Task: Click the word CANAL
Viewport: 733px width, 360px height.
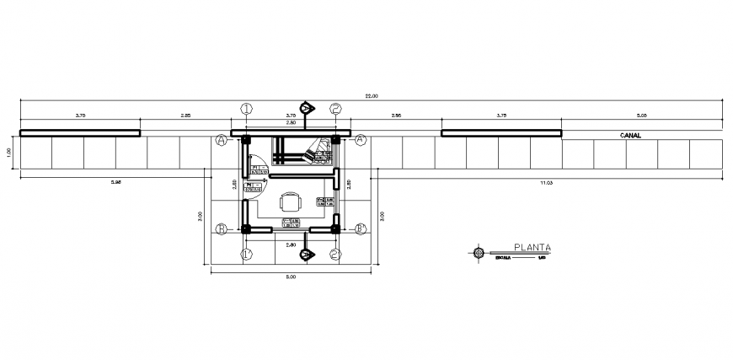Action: (631, 135)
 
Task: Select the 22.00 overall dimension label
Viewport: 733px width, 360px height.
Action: (371, 96)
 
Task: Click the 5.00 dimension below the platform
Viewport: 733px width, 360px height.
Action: (291, 277)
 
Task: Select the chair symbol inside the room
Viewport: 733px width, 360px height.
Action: (291, 203)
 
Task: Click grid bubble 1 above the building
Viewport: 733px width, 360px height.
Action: (246, 108)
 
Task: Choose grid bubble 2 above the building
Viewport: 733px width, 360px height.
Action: (335, 108)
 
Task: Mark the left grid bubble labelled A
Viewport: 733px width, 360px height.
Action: (222, 138)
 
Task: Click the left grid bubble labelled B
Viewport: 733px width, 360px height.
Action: (222, 228)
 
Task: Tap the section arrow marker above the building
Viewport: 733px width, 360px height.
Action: (308, 107)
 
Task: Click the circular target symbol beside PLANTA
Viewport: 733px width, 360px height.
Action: (479, 251)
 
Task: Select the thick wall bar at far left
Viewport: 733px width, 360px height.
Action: (80, 132)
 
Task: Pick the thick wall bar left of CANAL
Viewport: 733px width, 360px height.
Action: (501, 132)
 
